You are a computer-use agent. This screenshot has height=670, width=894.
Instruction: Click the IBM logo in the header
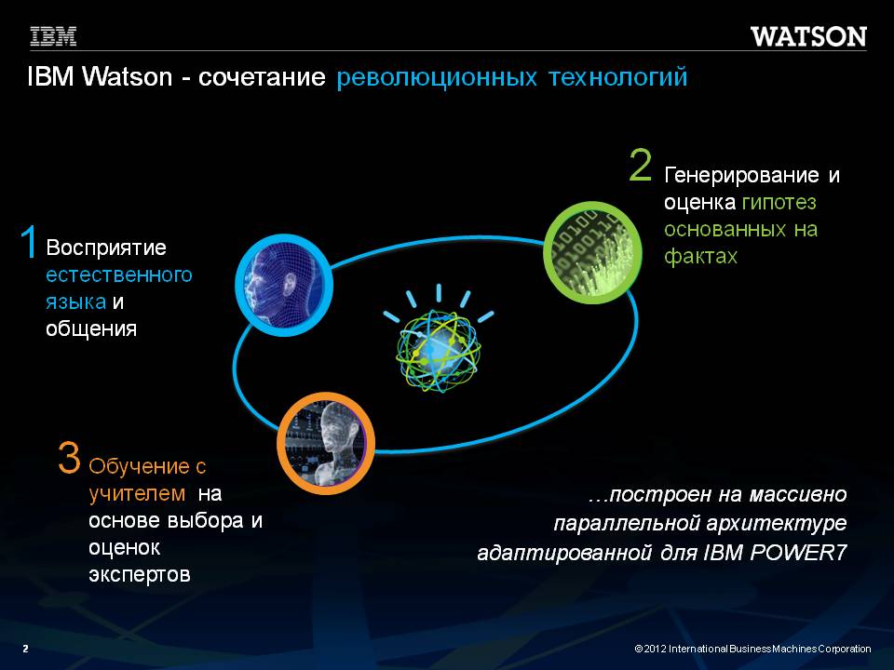(x=53, y=36)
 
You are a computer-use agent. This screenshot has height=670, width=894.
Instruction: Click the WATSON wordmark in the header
(x=808, y=36)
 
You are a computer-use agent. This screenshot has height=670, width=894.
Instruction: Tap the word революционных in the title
(x=437, y=77)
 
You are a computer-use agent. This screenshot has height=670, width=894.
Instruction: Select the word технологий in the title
(x=618, y=77)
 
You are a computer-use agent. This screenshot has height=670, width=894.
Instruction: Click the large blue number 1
(x=29, y=242)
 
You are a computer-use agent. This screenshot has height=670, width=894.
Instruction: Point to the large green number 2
(x=641, y=166)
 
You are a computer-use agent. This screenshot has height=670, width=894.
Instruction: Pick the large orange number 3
(x=69, y=458)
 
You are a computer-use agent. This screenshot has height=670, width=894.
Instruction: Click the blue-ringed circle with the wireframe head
(x=284, y=285)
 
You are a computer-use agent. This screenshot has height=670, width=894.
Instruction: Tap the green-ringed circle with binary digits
(x=593, y=252)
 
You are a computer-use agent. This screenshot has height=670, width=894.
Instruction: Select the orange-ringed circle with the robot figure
(x=326, y=443)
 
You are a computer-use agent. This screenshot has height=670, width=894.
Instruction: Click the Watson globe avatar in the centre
(x=439, y=341)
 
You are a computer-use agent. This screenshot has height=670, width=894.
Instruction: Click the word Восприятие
(x=106, y=248)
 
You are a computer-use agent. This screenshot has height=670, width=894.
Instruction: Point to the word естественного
(x=118, y=275)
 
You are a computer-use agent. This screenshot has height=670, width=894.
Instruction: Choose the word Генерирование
(x=742, y=176)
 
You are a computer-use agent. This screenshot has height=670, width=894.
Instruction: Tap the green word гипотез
(x=779, y=202)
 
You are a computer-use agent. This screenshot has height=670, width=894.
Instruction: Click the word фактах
(x=700, y=257)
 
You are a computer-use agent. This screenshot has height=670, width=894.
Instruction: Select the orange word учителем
(x=137, y=493)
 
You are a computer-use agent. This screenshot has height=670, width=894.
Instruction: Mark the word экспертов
(x=139, y=574)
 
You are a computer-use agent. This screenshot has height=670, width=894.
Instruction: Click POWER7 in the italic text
(x=798, y=553)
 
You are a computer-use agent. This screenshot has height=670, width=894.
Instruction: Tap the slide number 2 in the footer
(x=25, y=649)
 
